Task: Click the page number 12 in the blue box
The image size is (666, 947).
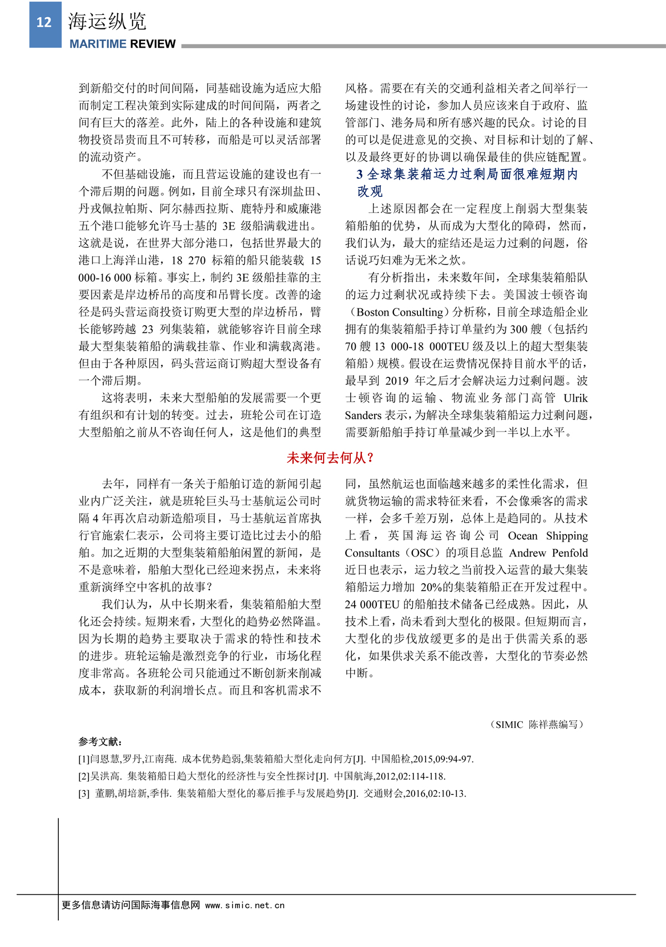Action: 44,23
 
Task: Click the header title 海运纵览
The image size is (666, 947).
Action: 107,22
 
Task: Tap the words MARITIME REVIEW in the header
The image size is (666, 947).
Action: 123,44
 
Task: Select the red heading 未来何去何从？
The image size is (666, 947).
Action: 331,458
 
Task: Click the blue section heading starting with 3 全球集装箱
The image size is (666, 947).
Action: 467,175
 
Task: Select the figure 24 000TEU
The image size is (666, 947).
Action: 372,604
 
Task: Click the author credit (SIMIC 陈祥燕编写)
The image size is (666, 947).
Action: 537,725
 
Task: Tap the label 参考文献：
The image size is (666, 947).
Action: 100,742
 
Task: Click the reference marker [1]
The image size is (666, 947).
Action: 84,759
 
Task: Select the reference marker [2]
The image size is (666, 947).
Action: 84,776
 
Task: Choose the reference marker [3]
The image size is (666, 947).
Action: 84,793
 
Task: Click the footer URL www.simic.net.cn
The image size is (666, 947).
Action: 245,905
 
